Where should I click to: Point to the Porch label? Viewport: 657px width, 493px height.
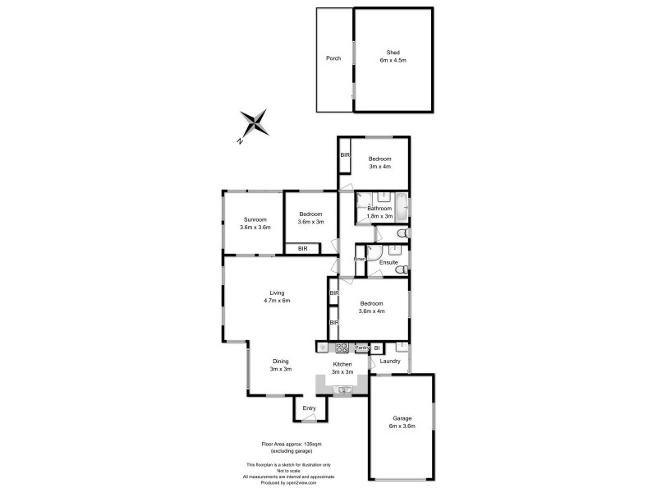pos(333,58)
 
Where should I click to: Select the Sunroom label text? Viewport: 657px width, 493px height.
pos(254,219)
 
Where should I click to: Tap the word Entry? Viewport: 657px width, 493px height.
pos(309,408)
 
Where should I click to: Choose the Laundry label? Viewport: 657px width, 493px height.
pos(390,361)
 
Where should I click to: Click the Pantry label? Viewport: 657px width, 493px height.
pos(361,348)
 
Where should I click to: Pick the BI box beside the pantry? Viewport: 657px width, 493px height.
pos(377,348)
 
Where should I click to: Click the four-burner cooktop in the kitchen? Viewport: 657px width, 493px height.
pos(342,348)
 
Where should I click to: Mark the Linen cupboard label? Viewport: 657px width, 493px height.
pos(359,260)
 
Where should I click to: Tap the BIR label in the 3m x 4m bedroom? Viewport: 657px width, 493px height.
pos(346,155)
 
